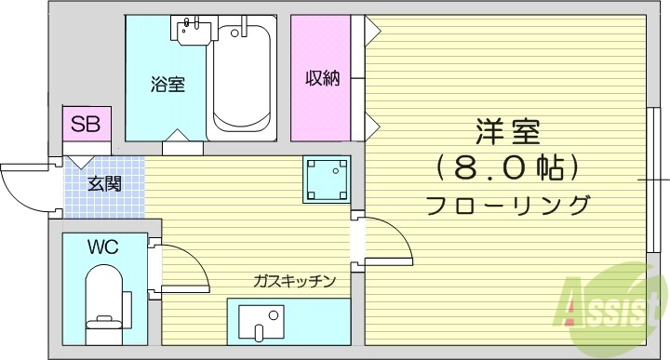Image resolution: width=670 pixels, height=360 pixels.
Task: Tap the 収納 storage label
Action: (x=323, y=79)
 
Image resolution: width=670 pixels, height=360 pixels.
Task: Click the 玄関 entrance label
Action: (x=104, y=183)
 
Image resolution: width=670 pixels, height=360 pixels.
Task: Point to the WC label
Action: (x=102, y=247)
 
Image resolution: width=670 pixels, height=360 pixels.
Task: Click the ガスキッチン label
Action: (x=294, y=280)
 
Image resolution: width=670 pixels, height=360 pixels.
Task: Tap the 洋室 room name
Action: (x=507, y=132)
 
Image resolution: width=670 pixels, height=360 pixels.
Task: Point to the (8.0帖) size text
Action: (x=507, y=168)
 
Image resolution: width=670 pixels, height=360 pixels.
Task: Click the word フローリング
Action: (x=507, y=205)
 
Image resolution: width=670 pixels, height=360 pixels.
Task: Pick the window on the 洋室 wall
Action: (x=655, y=177)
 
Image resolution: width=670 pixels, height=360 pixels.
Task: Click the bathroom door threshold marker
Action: (x=182, y=146)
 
